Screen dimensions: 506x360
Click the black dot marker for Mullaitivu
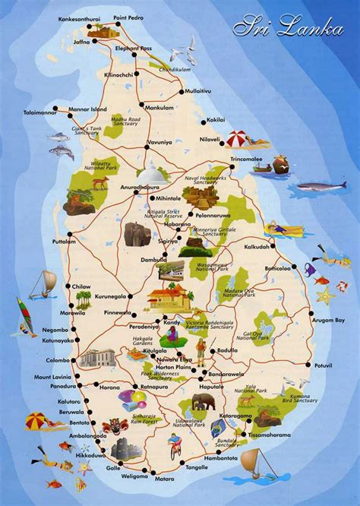[181, 92]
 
